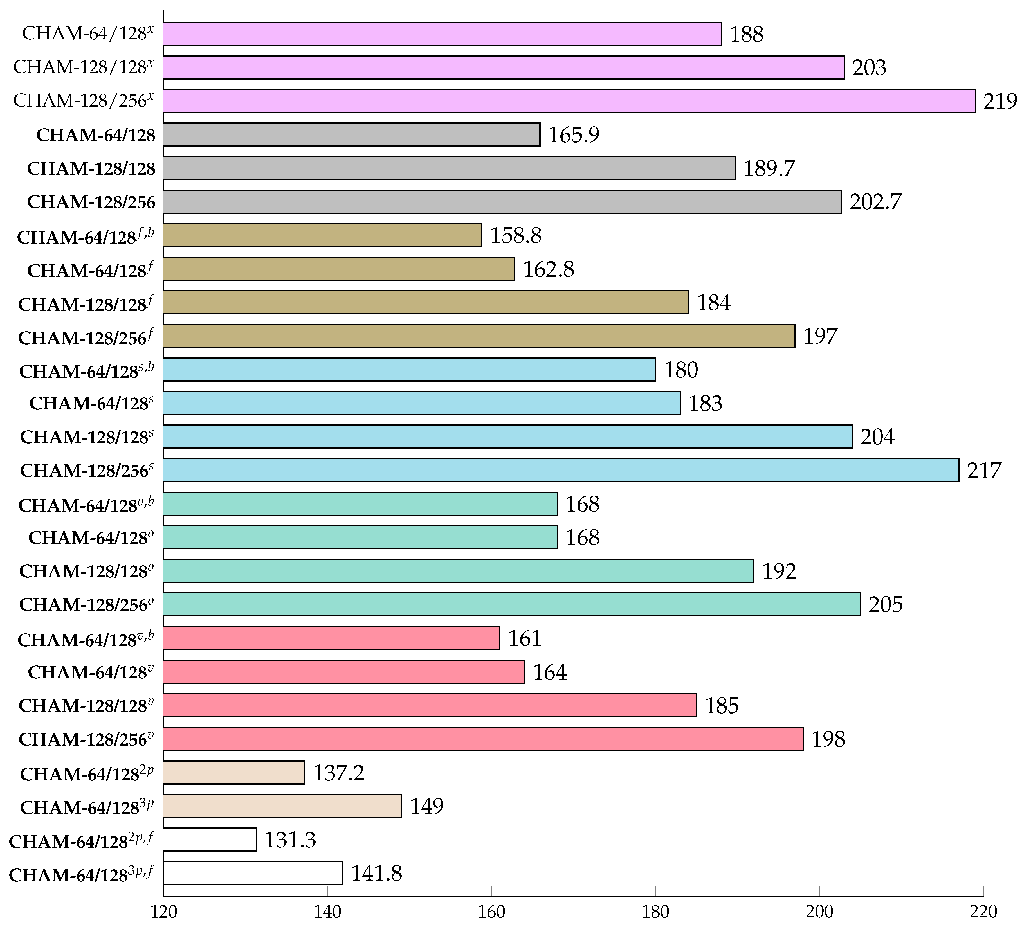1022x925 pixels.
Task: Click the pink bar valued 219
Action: click(569, 101)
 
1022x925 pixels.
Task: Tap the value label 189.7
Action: click(769, 168)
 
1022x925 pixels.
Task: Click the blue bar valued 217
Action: click(561, 470)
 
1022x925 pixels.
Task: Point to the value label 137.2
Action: click(338, 773)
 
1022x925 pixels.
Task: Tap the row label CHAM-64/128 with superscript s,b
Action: click(86, 370)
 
